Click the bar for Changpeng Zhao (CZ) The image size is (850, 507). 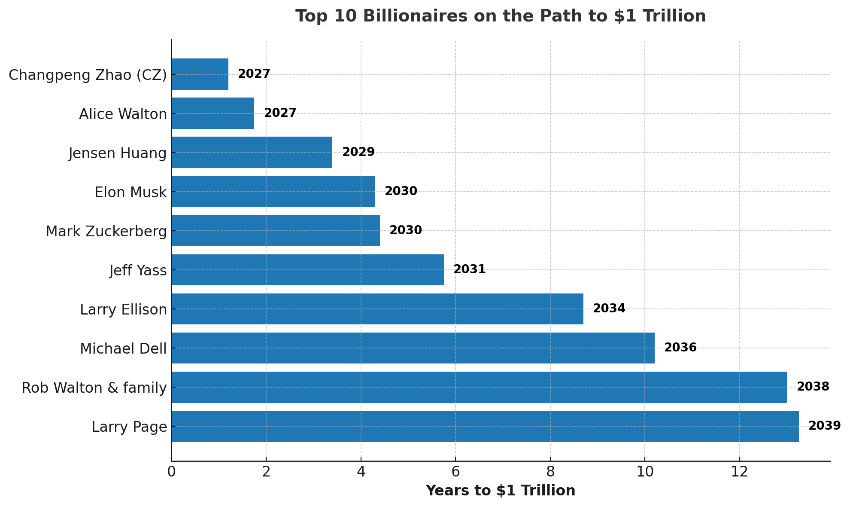click(x=200, y=74)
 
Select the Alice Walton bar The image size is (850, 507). click(x=213, y=113)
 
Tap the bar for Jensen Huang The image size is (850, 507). click(x=252, y=153)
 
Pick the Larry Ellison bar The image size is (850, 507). click(x=377, y=309)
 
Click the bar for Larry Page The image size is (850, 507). click(x=485, y=426)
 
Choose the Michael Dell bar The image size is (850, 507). click(x=413, y=348)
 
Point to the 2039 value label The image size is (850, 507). click(x=824, y=426)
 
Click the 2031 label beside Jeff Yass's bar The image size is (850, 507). click(x=470, y=269)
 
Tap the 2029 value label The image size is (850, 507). click(x=358, y=152)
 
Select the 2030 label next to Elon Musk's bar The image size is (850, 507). click(x=401, y=191)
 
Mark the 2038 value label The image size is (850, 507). click(x=813, y=387)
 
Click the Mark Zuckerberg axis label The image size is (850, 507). click(x=106, y=231)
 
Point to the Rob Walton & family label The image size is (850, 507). click(x=94, y=388)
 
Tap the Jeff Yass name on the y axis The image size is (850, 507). click(x=138, y=270)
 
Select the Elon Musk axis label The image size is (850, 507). click(x=131, y=192)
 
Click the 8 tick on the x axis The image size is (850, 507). click(x=550, y=472)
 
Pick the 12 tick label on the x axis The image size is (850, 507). click(x=739, y=472)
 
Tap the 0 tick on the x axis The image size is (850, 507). click(x=172, y=472)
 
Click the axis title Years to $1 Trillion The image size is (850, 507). click(x=501, y=491)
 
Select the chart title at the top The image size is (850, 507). click(x=501, y=16)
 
